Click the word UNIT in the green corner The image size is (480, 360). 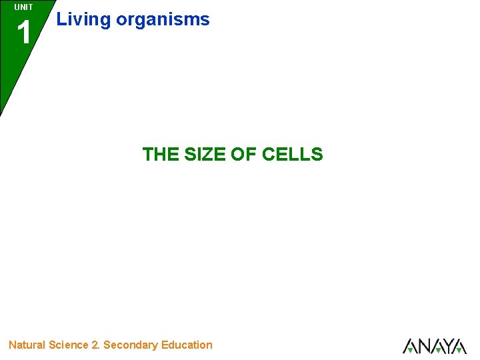pos(23,7)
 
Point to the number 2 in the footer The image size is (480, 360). pos(95,345)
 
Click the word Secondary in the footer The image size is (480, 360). pos(131,345)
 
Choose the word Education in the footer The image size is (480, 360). pos(187,345)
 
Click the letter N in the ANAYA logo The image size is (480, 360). pos(423,346)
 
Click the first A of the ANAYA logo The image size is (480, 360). pos(411,346)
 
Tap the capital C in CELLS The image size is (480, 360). pos(269,155)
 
